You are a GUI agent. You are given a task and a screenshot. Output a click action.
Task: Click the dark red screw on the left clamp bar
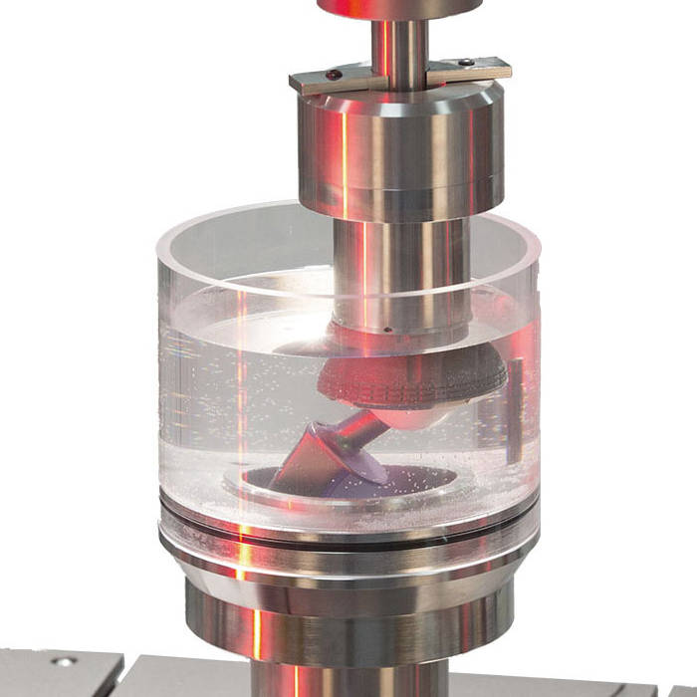pos(332,74)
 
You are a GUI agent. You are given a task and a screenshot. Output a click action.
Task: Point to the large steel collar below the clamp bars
pos(398,149)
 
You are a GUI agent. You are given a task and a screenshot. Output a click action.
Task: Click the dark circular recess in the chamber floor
pos(418,483)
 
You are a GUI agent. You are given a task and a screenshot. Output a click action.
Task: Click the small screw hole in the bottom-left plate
pos(63,661)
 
